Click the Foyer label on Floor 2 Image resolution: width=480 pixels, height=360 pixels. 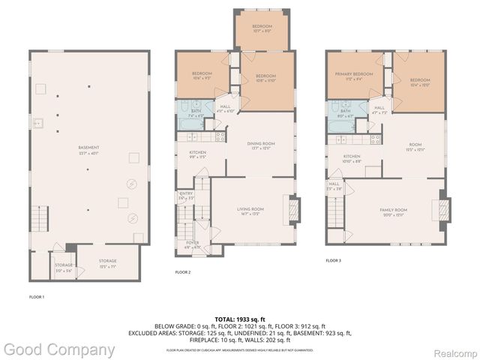[192, 244]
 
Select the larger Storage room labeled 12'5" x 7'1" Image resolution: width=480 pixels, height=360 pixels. [107, 262]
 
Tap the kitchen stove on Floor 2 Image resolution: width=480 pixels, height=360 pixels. [220, 136]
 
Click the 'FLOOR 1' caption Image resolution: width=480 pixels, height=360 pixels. [37, 297]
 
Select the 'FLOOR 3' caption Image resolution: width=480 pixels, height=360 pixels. [334, 260]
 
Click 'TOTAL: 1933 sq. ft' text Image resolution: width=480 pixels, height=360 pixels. [239, 319]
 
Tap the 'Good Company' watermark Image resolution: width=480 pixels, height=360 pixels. [58, 349]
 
